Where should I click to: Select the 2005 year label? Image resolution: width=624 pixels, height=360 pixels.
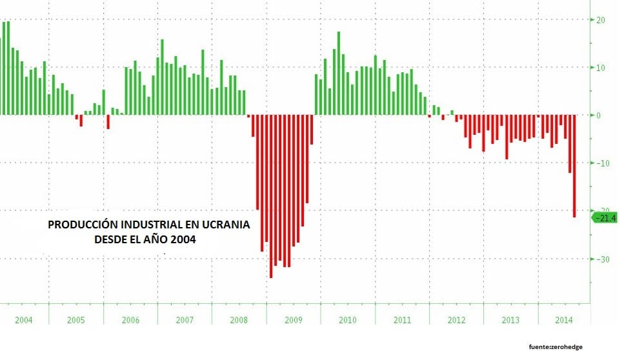76,320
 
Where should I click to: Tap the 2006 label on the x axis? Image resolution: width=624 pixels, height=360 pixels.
130,320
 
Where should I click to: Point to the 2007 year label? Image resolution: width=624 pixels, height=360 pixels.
185,320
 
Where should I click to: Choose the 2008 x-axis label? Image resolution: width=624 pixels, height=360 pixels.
239,320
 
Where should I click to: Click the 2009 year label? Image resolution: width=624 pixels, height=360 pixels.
294,320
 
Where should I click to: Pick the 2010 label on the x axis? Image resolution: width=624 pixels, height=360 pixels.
348,320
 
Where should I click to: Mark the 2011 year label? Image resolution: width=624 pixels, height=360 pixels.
401,320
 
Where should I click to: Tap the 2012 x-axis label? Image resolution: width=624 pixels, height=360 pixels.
456,320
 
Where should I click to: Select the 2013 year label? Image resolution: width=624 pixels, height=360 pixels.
510,320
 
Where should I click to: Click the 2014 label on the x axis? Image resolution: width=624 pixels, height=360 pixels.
563,320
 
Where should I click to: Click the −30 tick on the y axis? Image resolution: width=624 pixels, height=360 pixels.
602,259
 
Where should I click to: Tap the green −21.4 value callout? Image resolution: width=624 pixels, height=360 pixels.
607,219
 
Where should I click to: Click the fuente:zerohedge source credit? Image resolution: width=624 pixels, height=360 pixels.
554,347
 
